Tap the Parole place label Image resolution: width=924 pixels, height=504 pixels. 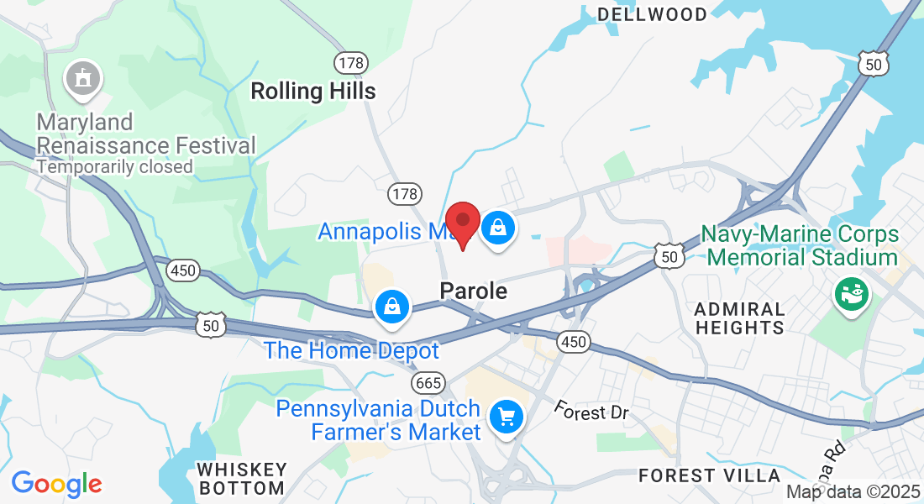tap(474, 291)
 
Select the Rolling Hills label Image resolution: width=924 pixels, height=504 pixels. tap(313, 91)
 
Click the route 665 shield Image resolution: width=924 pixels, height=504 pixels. tap(428, 383)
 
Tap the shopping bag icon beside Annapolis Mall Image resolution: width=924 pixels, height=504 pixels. tap(498, 227)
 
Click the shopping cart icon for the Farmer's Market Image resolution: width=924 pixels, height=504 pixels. tap(506, 416)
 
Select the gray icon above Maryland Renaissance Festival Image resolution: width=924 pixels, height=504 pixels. tap(83, 78)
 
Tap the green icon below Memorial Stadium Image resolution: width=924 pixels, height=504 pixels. tap(850, 294)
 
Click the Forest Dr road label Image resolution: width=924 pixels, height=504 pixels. tap(591, 411)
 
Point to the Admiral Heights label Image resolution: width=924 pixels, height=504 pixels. tap(740, 318)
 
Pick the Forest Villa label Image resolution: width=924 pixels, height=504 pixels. tap(709, 475)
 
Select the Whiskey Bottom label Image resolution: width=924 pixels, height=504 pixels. tap(241, 478)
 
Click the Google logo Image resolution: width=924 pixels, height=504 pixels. tap(56, 484)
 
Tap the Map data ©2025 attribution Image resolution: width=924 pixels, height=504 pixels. tap(853, 492)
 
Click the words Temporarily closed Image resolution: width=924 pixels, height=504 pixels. tap(115, 166)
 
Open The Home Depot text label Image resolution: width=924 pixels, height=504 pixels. tap(351, 349)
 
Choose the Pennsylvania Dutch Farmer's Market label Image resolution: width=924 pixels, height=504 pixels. tap(379, 420)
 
